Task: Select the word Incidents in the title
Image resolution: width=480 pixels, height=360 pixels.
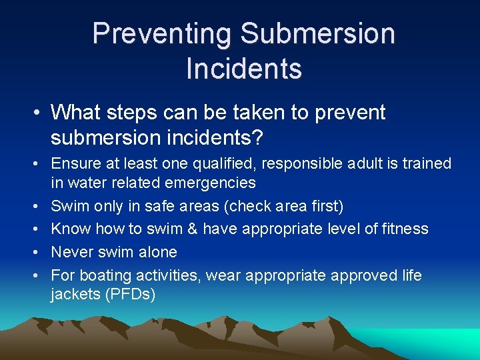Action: tap(244, 68)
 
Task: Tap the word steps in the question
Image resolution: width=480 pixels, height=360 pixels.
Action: tap(139, 113)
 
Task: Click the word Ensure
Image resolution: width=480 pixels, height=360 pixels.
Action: tap(75, 163)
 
